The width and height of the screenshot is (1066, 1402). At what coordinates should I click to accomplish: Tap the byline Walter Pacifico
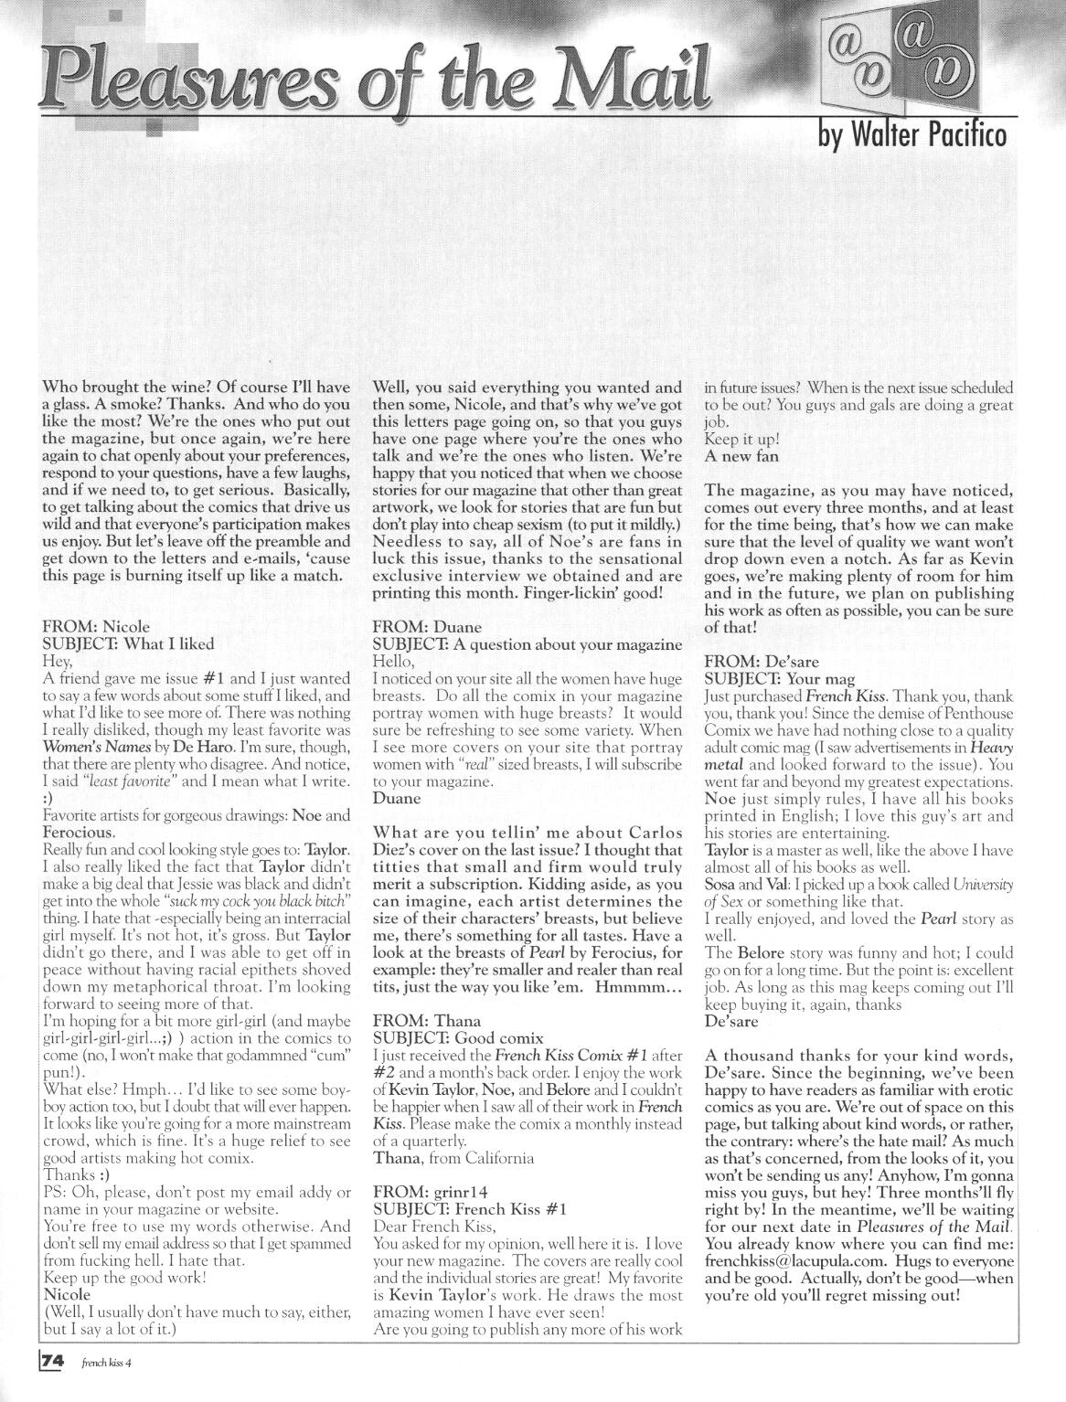point(915,134)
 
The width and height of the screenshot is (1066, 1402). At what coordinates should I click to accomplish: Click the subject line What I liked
point(169,643)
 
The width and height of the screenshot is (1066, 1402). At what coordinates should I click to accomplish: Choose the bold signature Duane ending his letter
point(396,798)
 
